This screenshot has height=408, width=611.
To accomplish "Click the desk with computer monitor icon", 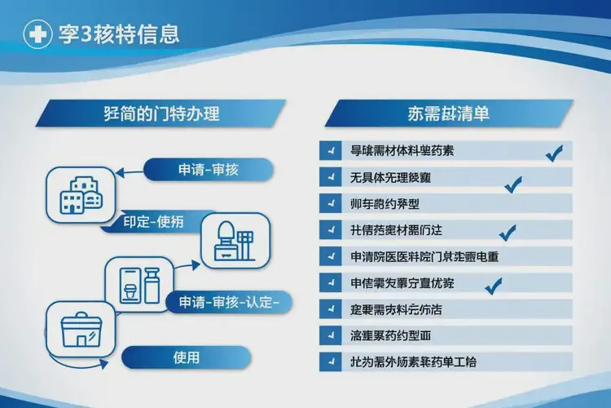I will (x=233, y=242).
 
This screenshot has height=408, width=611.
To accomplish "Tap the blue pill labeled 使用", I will (x=186, y=357).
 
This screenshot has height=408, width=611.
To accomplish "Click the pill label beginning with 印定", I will (x=152, y=221).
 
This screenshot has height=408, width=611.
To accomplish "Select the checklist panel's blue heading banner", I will (x=448, y=113).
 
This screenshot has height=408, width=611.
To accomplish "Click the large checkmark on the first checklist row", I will (x=554, y=152).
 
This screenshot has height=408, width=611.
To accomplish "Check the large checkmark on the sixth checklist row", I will (x=493, y=286).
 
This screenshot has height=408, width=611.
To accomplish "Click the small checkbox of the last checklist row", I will (x=331, y=361).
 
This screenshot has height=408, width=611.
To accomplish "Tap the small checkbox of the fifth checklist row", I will (x=331, y=256).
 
